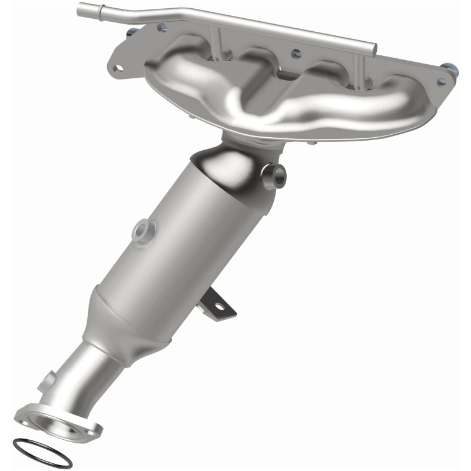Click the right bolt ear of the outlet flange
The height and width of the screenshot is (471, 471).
click(x=92, y=433)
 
